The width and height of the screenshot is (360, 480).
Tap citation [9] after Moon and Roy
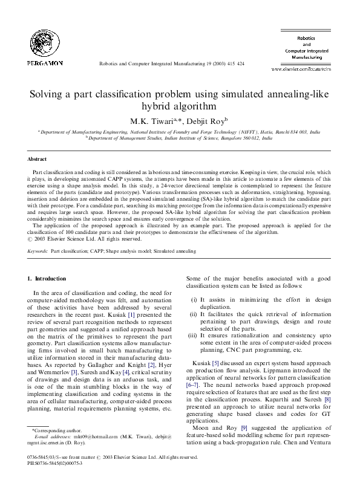coord(244,429)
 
